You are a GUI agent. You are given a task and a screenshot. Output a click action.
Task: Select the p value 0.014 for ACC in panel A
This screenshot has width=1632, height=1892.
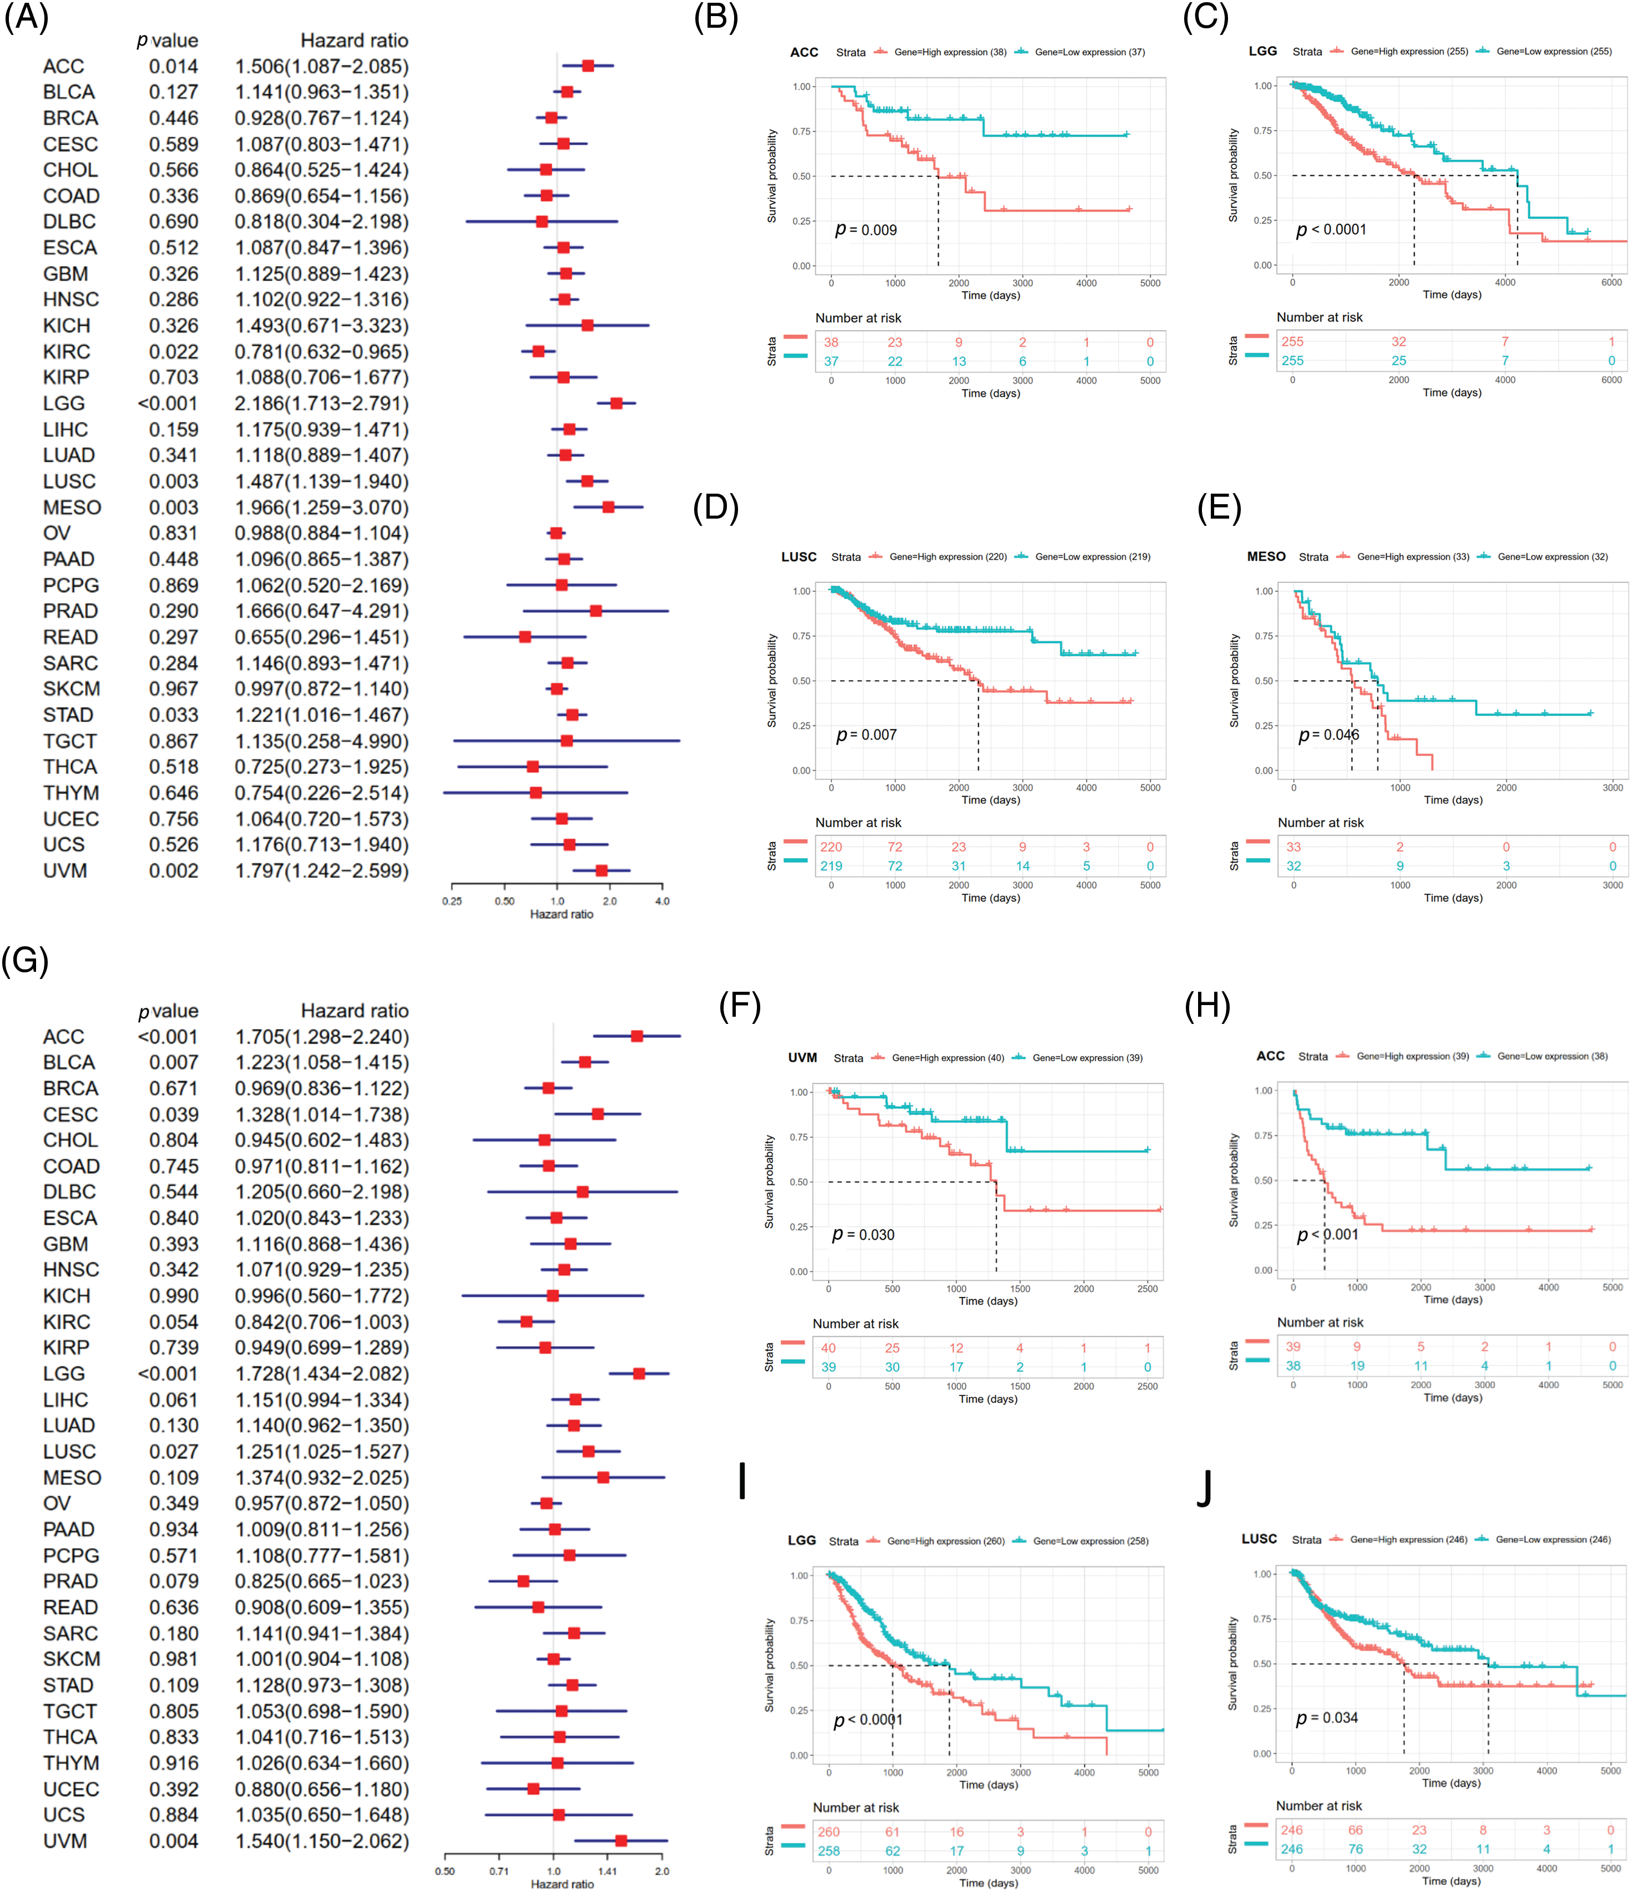pyautogui.click(x=174, y=67)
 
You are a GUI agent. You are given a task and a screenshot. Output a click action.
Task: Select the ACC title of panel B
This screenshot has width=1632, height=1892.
pyautogui.click(x=804, y=52)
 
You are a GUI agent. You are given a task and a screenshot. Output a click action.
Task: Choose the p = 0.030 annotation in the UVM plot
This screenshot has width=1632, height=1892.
pyautogui.click(x=863, y=1235)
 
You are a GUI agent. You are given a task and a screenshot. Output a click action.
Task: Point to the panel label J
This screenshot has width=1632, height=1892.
pyautogui.click(x=1205, y=1487)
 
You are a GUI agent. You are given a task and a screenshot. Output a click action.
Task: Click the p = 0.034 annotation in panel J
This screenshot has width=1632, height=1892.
pyautogui.click(x=1327, y=1718)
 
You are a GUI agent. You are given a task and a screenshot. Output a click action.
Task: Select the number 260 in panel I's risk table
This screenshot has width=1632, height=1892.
pyautogui.click(x=828, y=1831)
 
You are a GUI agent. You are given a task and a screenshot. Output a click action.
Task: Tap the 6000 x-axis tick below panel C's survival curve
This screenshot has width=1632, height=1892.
pyautogui.click(x=1611, y=282)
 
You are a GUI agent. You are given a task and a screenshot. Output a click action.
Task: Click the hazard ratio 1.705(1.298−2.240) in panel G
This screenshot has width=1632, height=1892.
pyautogui.click(x=321, y=1036)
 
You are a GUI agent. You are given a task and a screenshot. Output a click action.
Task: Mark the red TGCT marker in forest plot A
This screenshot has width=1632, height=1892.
pyautogui.click(x=566, y=740)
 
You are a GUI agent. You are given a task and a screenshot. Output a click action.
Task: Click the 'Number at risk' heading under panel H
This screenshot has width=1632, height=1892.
pyautogui.click(x=1320, y=1322)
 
